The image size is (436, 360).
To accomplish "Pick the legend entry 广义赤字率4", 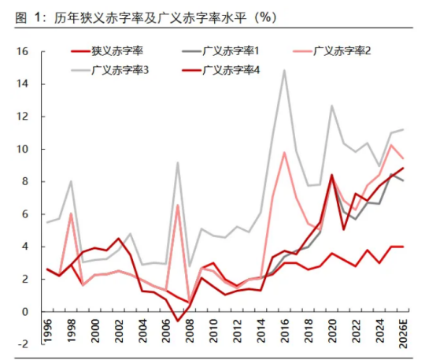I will click(x=233, y=70).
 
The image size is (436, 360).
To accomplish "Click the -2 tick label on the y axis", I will click(x=23, y=344).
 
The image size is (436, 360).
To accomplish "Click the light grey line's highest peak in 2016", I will click(x=284, y=70).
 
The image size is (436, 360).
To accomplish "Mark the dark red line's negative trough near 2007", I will click(x=178, y=321).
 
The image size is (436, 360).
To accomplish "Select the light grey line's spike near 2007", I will click(x=178, y=162).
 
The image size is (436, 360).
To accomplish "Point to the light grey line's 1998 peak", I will click(x=72, y=181).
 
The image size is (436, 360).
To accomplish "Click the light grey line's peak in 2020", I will click(x=331, y=105).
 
